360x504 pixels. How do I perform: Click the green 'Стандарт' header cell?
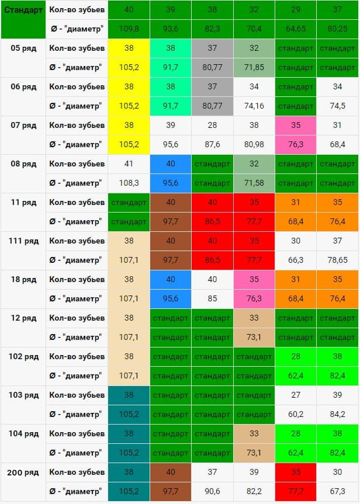click(x=23, y=20)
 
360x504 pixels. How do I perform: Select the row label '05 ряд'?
click(x=23, y=48)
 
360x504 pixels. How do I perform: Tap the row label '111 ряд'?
click(x=23, y=241)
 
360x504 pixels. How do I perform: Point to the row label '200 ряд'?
click(x=23, y=472)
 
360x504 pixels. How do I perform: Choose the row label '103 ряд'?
click(x=23, y=395)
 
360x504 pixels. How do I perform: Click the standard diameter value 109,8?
click(x=129, y=29)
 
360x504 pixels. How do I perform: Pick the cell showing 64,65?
click(x=296, y=29)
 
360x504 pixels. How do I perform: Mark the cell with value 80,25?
click(x=337, y=29)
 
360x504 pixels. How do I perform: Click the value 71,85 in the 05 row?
click(x=254, y=68)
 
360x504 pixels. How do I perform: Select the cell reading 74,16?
click(x=254, y=106)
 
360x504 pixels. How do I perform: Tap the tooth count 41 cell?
click(x=129, y=164)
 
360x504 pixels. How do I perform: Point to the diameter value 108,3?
click(x=129, y=183)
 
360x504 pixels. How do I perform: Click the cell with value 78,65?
click(x=337, y=260)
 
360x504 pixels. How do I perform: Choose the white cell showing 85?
click(x=212, y=298)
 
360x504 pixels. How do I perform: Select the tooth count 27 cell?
click(x=296, y=395)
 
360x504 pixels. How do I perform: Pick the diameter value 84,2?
click(x=337, y=414)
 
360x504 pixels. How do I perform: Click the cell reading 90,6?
click(x=212, y=492)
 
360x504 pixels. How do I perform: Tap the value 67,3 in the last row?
click(x=337, y=492)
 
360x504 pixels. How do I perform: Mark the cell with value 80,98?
click(x=254, y=145)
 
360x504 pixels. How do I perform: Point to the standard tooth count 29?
click(x=296, y=10)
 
